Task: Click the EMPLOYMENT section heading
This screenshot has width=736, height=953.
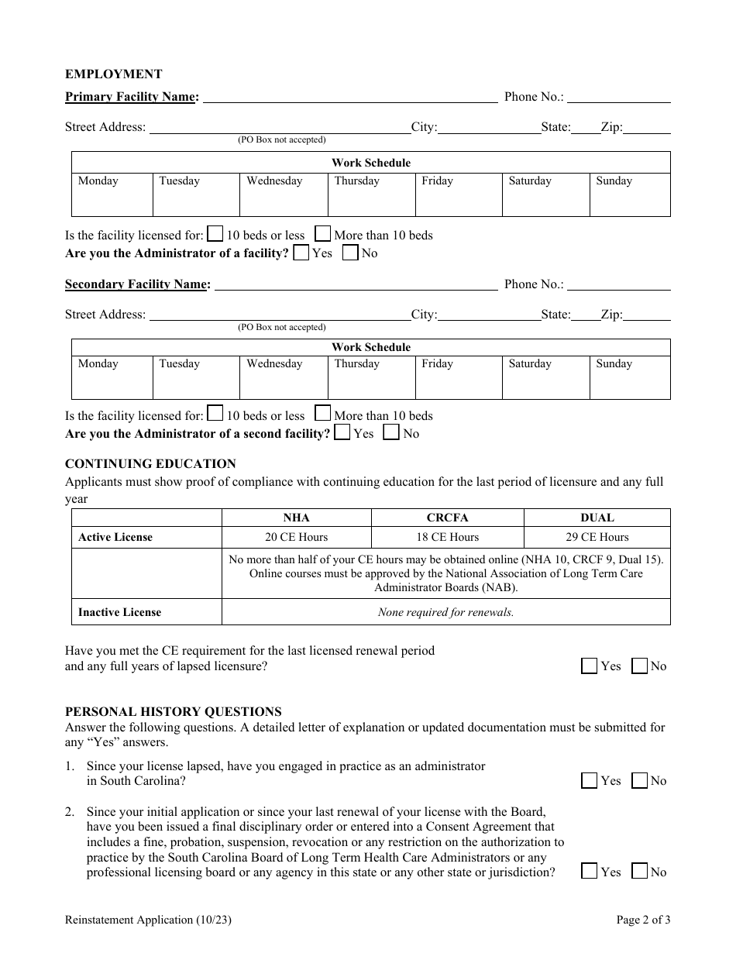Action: [x=113, y=74]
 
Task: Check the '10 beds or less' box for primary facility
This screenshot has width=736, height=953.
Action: [x=216, y=234]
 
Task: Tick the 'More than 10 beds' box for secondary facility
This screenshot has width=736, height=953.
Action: [x=323, y=415]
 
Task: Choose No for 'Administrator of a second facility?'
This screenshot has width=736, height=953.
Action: [x=392, y=433]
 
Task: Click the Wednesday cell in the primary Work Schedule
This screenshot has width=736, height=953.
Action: [x=284, y=194]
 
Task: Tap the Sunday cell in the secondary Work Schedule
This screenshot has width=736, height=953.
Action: [x=630, y=377]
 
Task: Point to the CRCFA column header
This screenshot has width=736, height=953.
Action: [x=447, y=518]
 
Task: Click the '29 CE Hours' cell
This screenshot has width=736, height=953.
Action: [x=597, y=537]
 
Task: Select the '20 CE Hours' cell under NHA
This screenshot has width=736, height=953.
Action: [x=296, y=537]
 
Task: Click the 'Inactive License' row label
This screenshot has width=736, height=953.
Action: [x=119, y=612]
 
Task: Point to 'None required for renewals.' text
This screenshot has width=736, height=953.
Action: [x=445, y=612]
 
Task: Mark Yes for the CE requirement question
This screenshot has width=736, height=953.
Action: [x=590, y=666]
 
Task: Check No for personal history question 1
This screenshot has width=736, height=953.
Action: [x=640, y=780]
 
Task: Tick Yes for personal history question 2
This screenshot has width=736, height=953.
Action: [x=590, y=872]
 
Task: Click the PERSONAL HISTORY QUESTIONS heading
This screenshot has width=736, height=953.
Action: [x=173, y=711]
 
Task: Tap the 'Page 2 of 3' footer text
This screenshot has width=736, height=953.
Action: [x=643, y=920]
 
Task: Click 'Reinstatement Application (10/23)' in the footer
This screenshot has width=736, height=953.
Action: [x=148, y=920]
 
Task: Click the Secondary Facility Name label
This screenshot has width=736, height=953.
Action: [x=137, y=284]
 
